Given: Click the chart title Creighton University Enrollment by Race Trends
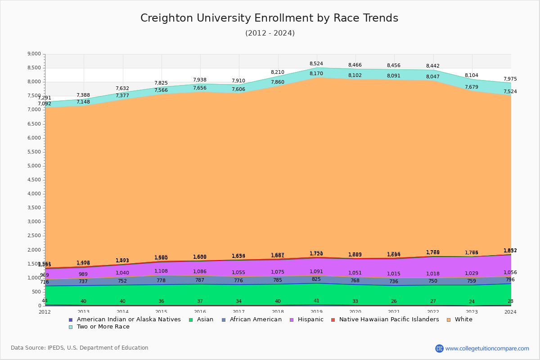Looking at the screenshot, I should coord(269,18).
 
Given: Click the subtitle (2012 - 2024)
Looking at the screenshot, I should coord(270,33).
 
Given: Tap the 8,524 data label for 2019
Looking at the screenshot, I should coord(316,64).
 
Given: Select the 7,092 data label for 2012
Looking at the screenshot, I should coord(45,104).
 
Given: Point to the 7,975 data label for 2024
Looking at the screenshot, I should coord(510,79).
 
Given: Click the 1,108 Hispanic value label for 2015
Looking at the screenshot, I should coord(161,271).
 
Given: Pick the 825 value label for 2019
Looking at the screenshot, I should coord(316,279).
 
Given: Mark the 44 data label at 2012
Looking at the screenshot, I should coord(45,301).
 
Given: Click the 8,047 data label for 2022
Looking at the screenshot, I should coord(432,77).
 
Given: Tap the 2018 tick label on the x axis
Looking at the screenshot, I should coord(278,312).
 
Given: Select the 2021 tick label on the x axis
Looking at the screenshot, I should coord(394,312).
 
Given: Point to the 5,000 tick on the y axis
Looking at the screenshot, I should coord(34,166).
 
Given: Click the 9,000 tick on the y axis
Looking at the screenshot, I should coord(34,54).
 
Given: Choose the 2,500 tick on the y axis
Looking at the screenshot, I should coord(34,236).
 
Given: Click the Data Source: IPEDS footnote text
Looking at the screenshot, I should coord(80,348).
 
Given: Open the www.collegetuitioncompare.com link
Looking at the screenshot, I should coord(487,348).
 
